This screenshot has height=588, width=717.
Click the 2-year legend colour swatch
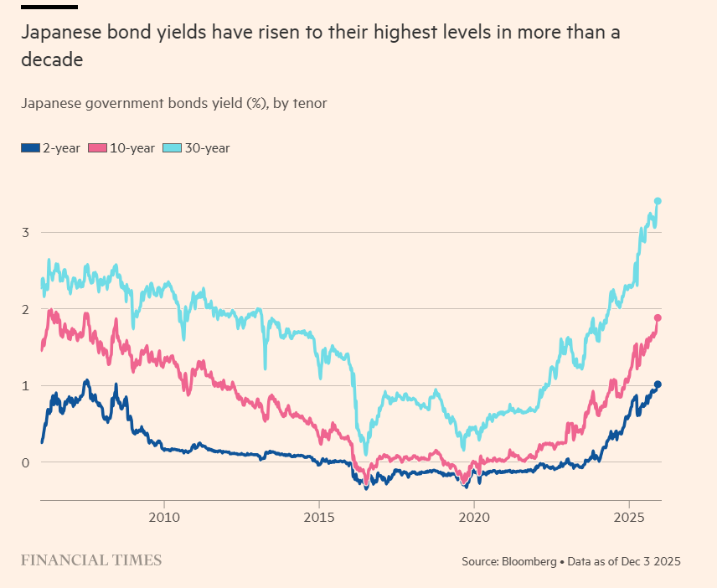point(29,148)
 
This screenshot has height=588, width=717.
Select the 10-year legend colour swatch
point(98,148)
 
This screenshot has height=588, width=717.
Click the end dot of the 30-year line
point(658,201)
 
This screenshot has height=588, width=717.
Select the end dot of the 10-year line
point(658,318)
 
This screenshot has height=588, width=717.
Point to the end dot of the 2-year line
point(658,384)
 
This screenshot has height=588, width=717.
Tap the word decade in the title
point(52,60)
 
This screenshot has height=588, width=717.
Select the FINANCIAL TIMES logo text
point(91,560)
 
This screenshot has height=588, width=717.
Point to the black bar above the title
point(49,7)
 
